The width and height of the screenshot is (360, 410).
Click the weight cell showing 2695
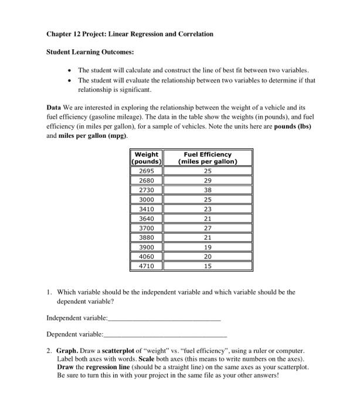[x=146, y=171]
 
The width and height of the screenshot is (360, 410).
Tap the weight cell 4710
[x=146, y=266]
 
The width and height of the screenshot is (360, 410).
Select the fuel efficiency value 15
[x=208, y=266]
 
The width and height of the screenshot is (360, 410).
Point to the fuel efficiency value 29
[x=208, y=182]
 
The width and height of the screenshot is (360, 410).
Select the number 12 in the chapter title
[x=77, y=34]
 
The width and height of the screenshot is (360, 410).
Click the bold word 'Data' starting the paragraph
[x=55, y=108]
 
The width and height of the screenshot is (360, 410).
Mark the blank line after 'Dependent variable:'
[x=165, y=335]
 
